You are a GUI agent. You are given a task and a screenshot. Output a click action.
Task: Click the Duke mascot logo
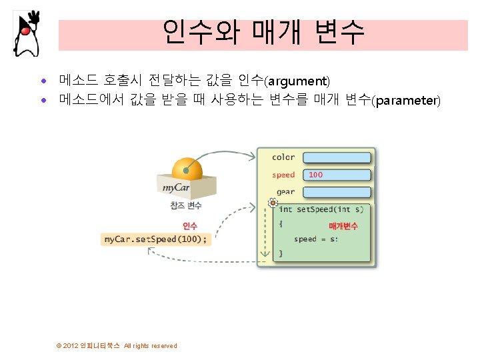(x=26, y=33)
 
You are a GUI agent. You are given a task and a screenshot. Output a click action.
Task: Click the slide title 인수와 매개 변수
(x=263, y=31)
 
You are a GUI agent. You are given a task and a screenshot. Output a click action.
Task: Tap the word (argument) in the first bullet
(x=297, y=81)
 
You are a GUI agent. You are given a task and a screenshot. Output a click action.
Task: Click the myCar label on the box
(x=176, y=187)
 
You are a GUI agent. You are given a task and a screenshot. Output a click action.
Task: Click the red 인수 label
(x=190, y=226)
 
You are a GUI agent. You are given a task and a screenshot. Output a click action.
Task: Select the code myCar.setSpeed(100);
(x=155, y=239)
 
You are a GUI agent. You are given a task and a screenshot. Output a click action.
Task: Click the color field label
(x=283, y=157)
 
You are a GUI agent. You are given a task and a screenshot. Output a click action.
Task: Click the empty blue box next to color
(x=337, y=158)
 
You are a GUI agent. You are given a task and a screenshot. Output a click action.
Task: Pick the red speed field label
(x=283, y=175)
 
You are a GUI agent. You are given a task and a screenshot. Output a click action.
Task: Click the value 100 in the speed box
(x=316, y=175)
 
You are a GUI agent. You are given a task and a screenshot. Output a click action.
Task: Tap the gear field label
(x=285, y=192)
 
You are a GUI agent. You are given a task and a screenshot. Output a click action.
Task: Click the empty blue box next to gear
(x=337, y=192)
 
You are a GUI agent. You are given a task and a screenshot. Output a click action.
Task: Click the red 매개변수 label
(x=343, y=226)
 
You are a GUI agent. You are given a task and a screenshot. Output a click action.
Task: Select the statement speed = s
(x=315, y=239)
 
